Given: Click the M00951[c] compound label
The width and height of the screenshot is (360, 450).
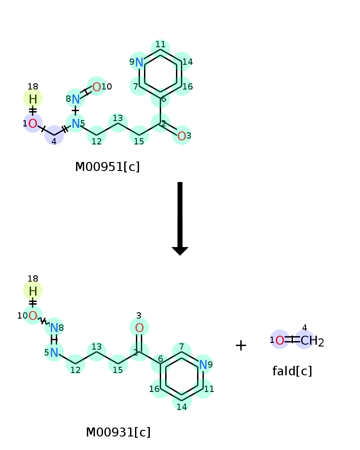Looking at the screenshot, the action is [108, 167].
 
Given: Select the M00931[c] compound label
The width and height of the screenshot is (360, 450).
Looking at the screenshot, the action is [118, 432].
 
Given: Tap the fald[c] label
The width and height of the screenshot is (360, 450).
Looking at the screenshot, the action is [292, 371].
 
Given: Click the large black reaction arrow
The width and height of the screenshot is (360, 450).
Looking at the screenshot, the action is [180, 218].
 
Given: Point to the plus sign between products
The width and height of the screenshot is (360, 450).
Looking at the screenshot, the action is [241, 345].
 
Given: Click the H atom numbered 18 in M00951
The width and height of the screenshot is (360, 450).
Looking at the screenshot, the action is [33, 99].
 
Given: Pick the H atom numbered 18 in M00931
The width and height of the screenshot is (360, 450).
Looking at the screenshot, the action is [33, 291].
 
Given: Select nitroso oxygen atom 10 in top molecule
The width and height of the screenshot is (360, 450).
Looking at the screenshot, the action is [97, 87].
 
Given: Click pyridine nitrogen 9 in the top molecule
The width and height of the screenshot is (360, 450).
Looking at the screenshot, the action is [139, 62].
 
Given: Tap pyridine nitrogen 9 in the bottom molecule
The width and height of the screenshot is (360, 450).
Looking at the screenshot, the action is [203, 364].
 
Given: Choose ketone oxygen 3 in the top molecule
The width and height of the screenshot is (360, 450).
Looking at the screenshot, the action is [181, 136].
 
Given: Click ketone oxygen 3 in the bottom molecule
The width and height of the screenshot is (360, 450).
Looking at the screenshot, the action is [139, 328].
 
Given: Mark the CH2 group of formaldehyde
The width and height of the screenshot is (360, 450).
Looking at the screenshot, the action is [312, 341].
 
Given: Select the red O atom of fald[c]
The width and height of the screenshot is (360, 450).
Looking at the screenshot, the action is [279, 340].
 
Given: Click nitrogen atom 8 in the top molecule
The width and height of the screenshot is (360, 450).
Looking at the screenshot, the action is [76, 99].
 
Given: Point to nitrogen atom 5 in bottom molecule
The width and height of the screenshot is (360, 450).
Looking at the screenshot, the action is [54, 352].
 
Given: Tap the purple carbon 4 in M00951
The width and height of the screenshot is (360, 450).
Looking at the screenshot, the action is [54, 135].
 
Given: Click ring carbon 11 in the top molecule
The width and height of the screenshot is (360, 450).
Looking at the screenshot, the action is [161, 49].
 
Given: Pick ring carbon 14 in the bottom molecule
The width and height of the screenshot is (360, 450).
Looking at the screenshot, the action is [182, 401].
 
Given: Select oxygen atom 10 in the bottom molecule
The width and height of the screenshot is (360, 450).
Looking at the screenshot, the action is [32, 316].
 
